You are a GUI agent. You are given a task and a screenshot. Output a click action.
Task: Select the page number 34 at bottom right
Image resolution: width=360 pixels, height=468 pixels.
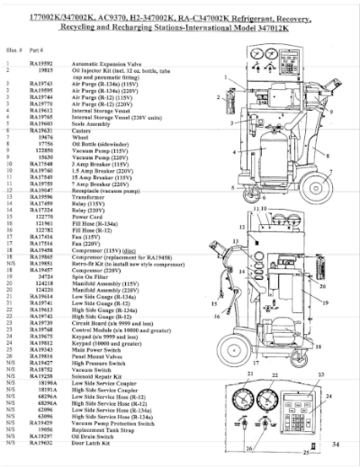click(334, 444)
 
